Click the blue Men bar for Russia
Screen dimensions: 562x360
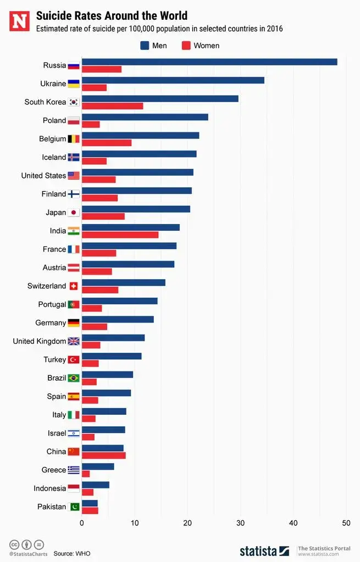(x=209, y=62)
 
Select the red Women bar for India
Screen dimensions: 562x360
(x=120, y=235)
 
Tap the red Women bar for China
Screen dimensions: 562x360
(x=103, y=455)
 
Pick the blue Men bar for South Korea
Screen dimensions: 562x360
(x=160, y=99)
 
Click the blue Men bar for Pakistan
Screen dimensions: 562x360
(x=90, y=503)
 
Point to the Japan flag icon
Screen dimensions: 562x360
(x=74, y=213)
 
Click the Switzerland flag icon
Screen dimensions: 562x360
(x=74, y=286)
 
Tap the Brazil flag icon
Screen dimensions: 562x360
(x=74, y=378)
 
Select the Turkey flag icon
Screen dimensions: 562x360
(x=74, y=360)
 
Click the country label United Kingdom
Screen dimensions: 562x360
(x=40, y=341)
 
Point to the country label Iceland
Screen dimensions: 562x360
(x=54, y=157)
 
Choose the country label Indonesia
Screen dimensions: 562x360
(x=49, y=488)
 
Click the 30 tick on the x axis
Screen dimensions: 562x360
(x=240, y=523)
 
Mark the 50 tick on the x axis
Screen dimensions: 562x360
(x=346, y=523)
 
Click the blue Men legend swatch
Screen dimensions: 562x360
(x=145, y=46)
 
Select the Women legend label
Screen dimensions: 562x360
(x=206, y=46)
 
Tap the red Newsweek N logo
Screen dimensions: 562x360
(x=19, y=21)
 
